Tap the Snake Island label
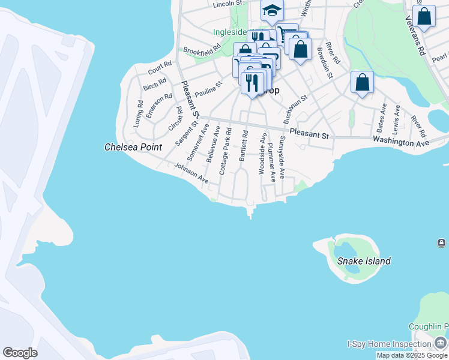364,261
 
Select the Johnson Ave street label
191,173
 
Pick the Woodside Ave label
262,154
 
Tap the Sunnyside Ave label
282,160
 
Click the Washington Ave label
401,142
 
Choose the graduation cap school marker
272,10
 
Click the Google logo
20,353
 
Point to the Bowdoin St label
325,62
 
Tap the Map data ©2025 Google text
412,356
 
